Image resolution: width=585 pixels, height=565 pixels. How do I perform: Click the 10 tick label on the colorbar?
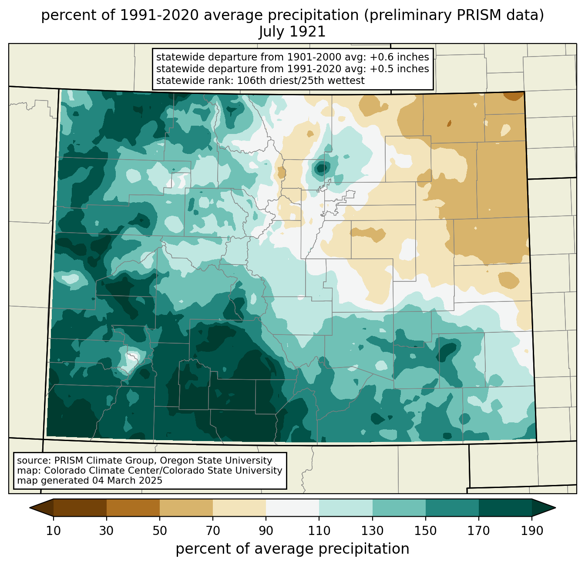[x=54, y=531]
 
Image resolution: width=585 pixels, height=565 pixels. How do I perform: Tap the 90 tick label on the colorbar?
[x=266, y=531]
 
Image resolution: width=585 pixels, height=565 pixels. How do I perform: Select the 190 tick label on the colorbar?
[x=531, y=531]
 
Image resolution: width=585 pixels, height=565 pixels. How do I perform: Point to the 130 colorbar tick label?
[x=373, y=531]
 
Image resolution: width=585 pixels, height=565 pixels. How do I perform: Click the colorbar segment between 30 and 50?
[x=133, y=508]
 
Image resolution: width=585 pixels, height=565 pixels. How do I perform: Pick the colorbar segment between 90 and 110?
[x=292, y=508]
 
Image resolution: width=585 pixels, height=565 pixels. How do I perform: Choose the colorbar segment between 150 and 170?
[x=452, y=508]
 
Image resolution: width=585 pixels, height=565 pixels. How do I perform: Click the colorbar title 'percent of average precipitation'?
[x=292, y=549]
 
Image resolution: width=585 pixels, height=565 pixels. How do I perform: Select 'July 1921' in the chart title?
[x=292, y=32]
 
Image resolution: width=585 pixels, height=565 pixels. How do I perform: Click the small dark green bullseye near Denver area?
[x=321, y=167]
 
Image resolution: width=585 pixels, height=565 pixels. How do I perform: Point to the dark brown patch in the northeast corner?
[x=514, y=96]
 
